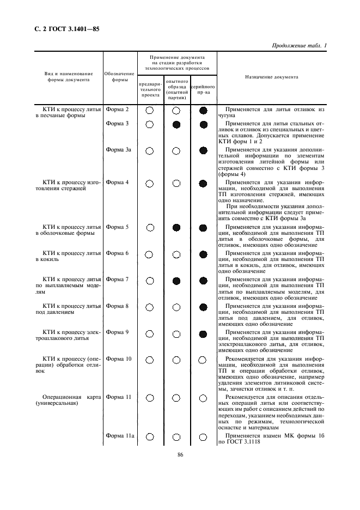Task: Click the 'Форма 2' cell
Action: pos(118,110)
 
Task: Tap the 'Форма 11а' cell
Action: pos(120,435)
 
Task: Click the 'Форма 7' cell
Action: pos(118,280)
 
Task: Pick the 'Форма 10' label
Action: pos(119,359)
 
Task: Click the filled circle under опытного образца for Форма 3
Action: pos(176,125)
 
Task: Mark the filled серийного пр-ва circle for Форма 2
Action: pos(203,111)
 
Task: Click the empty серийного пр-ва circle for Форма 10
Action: pos(203,360)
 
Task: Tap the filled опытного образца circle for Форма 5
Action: pos(176,227)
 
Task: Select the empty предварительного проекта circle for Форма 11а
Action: pos(149,436)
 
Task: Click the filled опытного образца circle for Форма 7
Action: pos(176,281)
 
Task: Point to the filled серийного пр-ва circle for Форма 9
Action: pos(203,333)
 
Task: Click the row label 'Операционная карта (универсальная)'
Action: pos(68,400)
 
